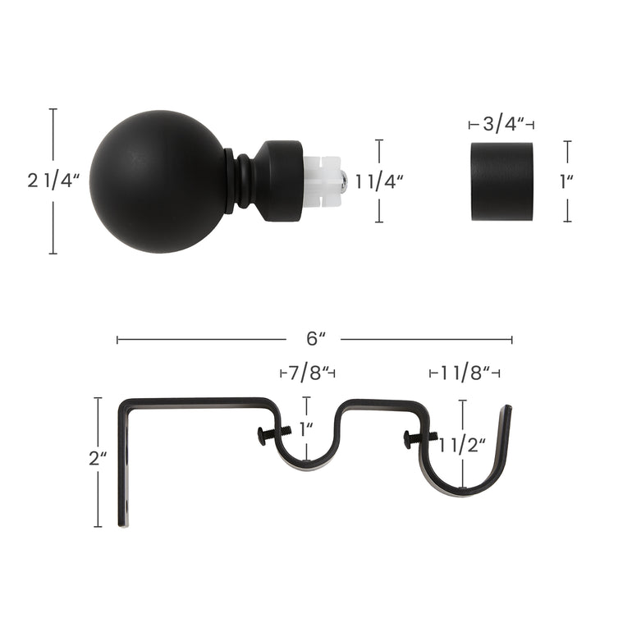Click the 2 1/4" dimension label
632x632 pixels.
(53, 181)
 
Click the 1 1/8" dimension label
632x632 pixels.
(465, 373)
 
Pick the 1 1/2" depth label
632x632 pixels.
(462, 446)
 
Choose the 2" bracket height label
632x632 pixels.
(98, 458)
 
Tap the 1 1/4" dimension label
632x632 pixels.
(379, 182)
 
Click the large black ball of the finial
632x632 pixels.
(158, 181)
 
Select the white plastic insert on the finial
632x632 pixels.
(323, 181)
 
